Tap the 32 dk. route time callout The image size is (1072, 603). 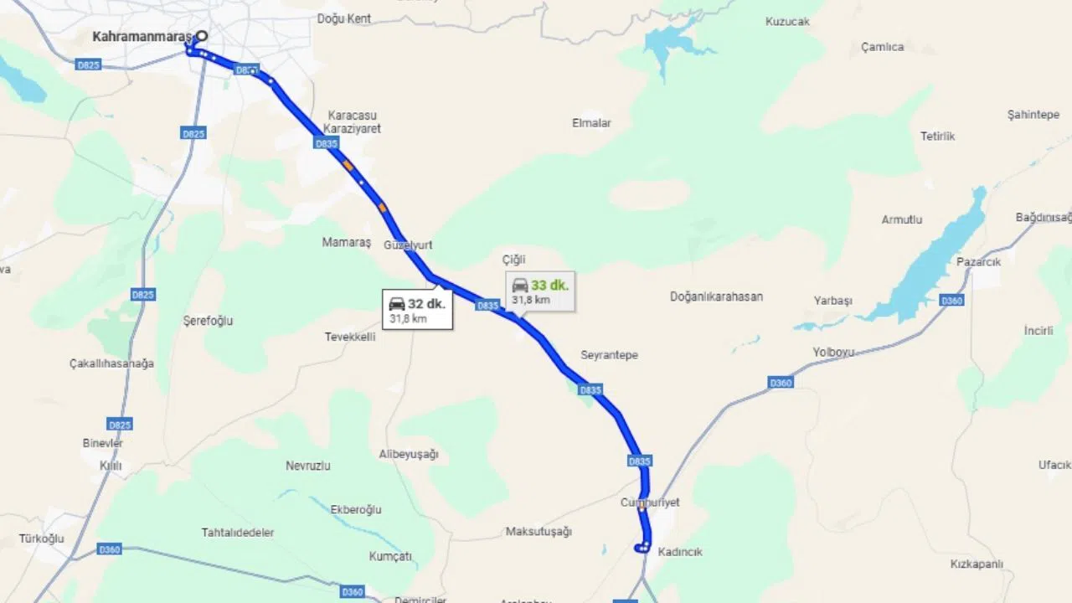[417, 309]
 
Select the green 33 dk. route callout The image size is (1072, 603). [540, 291]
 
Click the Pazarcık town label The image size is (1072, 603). [978, 261]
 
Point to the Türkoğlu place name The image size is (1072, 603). [42, 539]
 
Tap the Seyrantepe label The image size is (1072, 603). [609, 355]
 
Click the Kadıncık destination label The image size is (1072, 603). [680, 552]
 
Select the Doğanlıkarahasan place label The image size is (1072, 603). [716, 296]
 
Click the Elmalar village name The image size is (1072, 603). [591, 123]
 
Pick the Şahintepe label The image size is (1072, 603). [1033, 115]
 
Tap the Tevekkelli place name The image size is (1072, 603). [350, 337]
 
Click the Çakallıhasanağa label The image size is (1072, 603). [111, 363]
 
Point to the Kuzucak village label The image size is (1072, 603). [787, 22]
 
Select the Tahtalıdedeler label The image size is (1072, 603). [238, 533]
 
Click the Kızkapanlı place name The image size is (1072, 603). [977, 564]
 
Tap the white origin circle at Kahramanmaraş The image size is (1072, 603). [201, 36]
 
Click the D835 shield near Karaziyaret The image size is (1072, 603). [327, 144]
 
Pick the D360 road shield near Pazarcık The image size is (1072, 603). [951, 301]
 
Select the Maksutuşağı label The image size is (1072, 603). [539, 532]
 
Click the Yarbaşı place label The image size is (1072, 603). [832, 301]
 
